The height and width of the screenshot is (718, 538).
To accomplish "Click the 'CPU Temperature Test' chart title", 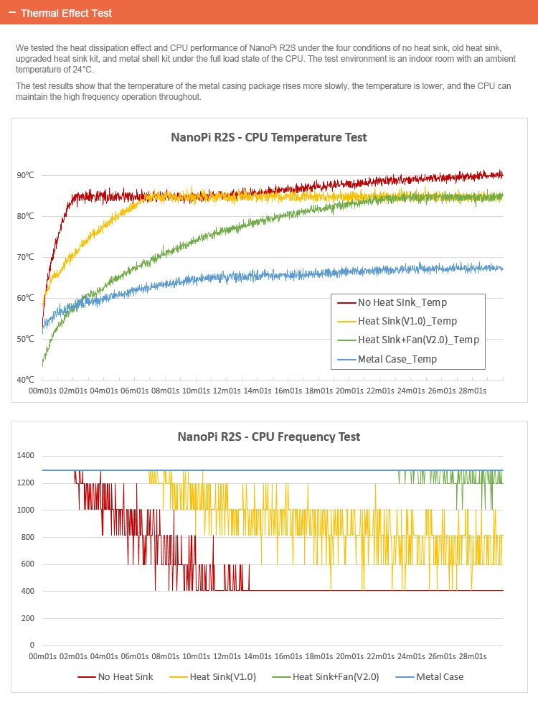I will click(x=269, y=137).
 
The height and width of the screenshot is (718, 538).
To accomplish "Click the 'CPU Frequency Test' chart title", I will click(x=269, y=437).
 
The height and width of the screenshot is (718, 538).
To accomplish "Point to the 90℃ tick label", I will click(x=25, y=175).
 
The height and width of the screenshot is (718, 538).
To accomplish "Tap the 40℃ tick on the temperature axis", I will click(x=25, y=380).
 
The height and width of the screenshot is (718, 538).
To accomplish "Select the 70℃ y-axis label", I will click(x=25, y=257).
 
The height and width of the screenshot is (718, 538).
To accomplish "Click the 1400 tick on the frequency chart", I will click(x=25, y=456).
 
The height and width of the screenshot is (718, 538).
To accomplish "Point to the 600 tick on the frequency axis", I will click(x=27, y=564).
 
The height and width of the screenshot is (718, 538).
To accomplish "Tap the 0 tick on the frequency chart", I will click(x=32, y=645).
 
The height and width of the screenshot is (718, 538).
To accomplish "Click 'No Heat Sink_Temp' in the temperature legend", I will click(x=402, y=303).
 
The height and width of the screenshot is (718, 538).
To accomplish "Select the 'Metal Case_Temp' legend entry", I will click(x=397, y=359).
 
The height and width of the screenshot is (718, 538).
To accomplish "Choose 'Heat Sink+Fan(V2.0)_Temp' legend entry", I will click(x=418, y=340).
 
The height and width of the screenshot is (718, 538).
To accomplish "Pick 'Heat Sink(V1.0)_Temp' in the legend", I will click(x=407, y=322).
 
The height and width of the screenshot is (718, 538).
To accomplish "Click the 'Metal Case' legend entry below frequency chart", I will click(x=439, y=677).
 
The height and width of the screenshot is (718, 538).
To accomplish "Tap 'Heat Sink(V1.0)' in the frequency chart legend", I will click(x=222, y=677).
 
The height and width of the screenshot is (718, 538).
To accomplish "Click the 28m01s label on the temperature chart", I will click(x=472, y=391).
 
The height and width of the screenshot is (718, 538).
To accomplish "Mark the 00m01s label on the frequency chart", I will click(x=42, y=656).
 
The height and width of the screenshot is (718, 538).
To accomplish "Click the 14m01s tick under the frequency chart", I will click(x=257, y=656).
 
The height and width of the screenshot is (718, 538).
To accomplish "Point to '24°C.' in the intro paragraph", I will click(x=77, y=70).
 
